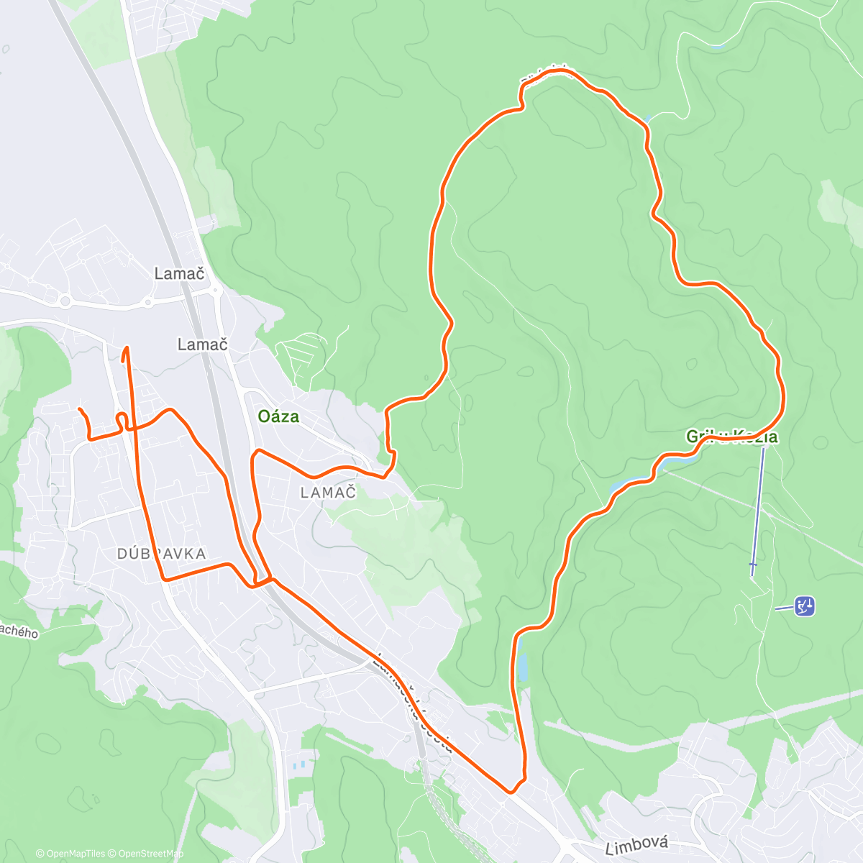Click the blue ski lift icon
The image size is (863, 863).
[805, 606]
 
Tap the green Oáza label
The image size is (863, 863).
[278, 417]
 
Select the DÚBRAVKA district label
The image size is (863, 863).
[162, 554]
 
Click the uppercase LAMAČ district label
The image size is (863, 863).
[329, 493]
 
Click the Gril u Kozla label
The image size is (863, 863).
[731, 437]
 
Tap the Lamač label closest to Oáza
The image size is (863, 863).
[202, 344]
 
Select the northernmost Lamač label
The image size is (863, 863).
[179, 273]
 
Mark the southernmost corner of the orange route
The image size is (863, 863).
[511, 792]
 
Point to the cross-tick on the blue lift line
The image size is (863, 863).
[753, 565]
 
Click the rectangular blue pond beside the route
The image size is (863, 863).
[522, 667]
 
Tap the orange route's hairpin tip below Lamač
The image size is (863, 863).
[127, 349]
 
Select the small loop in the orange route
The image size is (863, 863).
[122, 418]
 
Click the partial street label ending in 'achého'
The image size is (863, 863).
[18, 631]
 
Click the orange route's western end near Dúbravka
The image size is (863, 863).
[79, 409]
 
